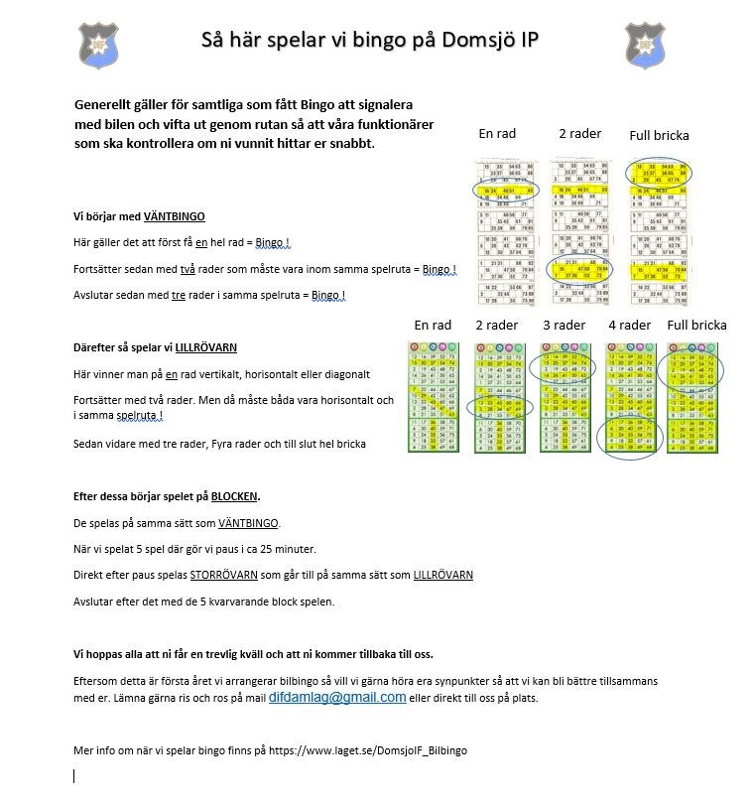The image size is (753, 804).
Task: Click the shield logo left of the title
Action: click(x=97, y=45)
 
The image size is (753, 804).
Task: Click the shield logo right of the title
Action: click(x=645, y=45)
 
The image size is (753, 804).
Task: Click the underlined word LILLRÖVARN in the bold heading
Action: click(x=205, y=347)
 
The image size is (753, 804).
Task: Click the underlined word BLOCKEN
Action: click(x=235, y=496)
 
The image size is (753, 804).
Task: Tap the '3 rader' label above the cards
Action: click(x=565, y=325)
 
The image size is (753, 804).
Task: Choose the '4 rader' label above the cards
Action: click(x=629, y=325)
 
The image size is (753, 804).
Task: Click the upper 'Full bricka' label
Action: click(x=659, y=135)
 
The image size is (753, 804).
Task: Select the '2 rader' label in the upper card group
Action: click(x=579, y=133)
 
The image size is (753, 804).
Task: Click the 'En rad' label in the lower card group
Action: click(x=433, y=325)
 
